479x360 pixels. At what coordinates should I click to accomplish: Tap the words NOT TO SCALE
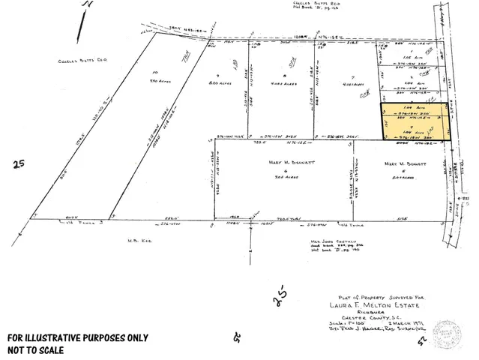37,349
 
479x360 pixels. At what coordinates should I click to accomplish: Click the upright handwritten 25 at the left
17,163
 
